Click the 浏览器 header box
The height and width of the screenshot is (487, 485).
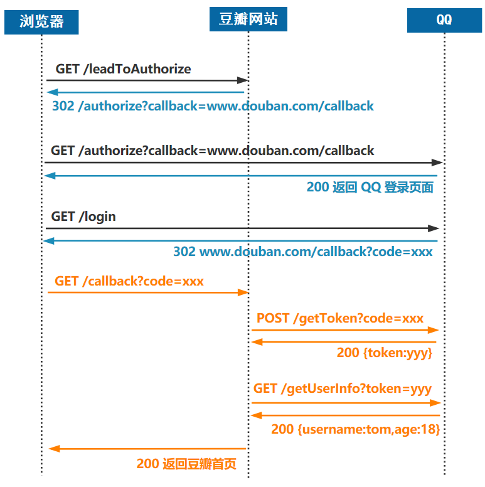[x=42, y=22]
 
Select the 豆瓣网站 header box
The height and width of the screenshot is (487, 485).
[x=248, y=19]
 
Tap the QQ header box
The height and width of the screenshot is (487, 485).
[x=444, y=19]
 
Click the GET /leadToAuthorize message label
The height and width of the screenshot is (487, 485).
[x=123, y=69]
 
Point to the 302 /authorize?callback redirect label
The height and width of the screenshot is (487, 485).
[x=213, y=106]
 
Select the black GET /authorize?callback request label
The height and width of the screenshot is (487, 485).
[x=212, y=151]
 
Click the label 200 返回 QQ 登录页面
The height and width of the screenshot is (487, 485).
[x=370, y=188]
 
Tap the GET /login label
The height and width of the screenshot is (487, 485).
[x=83, y=217]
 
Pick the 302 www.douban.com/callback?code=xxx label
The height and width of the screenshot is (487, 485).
[x=302, y=252]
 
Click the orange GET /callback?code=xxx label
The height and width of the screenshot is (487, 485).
[x=129, y=281]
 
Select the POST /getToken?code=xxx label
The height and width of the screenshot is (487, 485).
[x=340, y=318]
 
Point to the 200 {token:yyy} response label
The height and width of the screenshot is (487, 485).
[x=385, y=353]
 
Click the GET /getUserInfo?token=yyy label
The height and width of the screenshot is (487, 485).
[x=343, y=389]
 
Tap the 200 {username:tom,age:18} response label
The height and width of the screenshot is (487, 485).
[x=355, y=430]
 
